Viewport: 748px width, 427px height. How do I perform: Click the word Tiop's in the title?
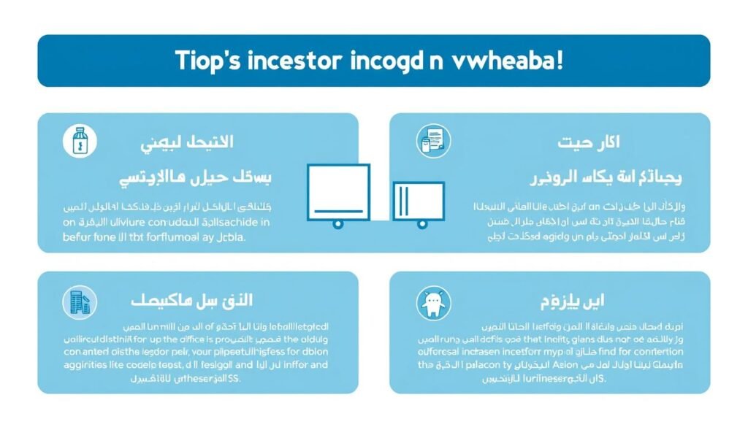coord(207,61)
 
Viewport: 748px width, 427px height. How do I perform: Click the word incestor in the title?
coord(290,61)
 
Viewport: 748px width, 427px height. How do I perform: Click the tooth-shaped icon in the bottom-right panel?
coord(433,302)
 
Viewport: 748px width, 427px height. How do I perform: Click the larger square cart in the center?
coord(337,191)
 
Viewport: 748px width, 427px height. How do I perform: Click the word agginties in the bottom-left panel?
coord(84,364)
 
